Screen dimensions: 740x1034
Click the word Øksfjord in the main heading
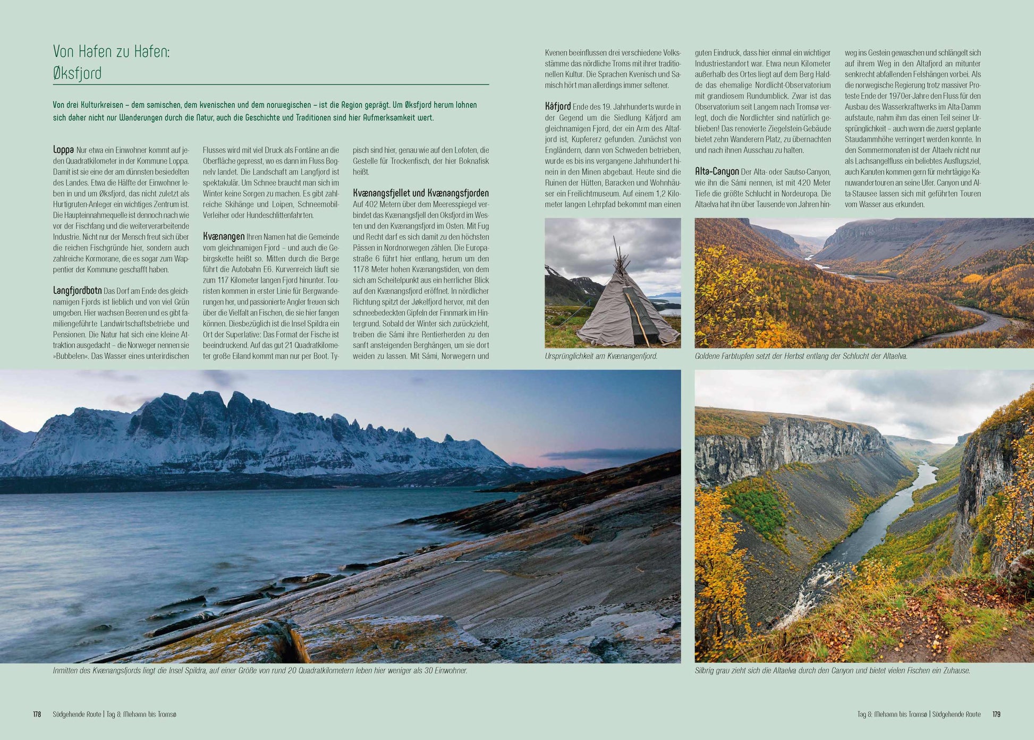77,73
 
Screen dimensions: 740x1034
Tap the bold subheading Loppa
63,150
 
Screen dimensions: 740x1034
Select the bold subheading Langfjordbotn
77,291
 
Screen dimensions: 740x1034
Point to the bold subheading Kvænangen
223,236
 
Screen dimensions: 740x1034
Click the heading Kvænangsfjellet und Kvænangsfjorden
420,193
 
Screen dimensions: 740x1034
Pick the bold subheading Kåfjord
558,107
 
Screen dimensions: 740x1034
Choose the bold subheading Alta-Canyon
716,172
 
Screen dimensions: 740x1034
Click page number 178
37,714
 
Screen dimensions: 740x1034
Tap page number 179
996,714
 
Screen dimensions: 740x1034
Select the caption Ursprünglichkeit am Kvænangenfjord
600,356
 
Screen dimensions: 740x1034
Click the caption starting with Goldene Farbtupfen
801,356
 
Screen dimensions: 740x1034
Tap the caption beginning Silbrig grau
832,671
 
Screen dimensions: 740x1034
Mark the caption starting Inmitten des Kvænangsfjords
260,671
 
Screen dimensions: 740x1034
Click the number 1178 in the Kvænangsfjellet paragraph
361,269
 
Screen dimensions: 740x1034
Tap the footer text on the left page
114,714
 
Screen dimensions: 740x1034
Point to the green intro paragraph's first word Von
59,105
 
